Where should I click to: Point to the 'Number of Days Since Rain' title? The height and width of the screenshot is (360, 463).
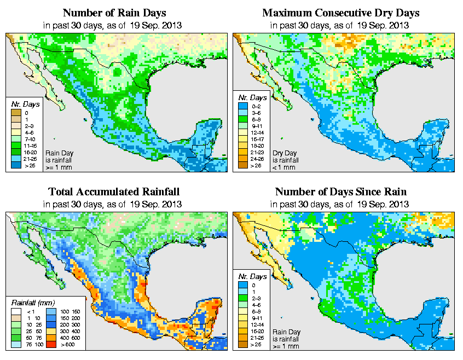click(x=340, y=192)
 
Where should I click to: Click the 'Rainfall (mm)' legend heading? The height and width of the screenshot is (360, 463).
click(x=33, y=301)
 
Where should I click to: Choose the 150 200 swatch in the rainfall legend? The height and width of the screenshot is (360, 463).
click(x=51, y=317)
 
